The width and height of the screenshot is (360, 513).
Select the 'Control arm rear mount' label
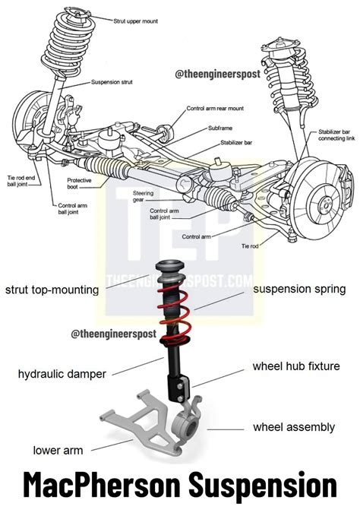(x=217, y=109)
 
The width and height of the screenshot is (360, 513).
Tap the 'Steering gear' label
(x=144, y=196)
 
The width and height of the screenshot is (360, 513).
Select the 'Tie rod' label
(x=251, y=247)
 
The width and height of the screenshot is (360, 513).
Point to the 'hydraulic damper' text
(x=63, y=373)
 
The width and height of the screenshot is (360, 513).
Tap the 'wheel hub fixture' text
(x=295, y=367)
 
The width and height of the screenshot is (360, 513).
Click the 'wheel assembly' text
(x=294, y=427)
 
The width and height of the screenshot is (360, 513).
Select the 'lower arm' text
(x=57, y=450)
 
